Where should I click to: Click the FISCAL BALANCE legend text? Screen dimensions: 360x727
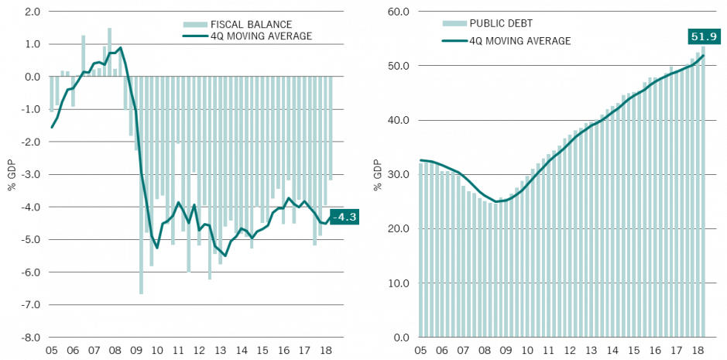tap(251, 25)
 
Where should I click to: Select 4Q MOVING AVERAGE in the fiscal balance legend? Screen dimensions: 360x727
tap(261, 36)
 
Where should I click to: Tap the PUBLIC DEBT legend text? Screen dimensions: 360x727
tap(501, 23)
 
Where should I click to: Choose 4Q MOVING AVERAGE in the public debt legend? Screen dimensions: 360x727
tap(520, 41)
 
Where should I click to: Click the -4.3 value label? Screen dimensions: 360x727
tap(344, 217)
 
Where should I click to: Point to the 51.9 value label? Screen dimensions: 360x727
tap(703, 36)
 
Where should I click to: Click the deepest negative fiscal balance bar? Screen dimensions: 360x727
tap(141, 186)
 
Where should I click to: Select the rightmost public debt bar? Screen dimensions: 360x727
tap(703, 194)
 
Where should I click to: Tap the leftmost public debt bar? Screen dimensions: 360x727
tap(420, 248)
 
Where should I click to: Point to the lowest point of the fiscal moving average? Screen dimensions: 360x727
tap(225, 255)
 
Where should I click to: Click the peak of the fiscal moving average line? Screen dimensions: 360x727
tap(120, 47)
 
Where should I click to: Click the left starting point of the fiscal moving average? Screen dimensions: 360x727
tap(52, 127)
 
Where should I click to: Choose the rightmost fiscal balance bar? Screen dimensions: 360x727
tap(331, 128)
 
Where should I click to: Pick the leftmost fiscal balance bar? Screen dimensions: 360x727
tap(52, 94)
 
